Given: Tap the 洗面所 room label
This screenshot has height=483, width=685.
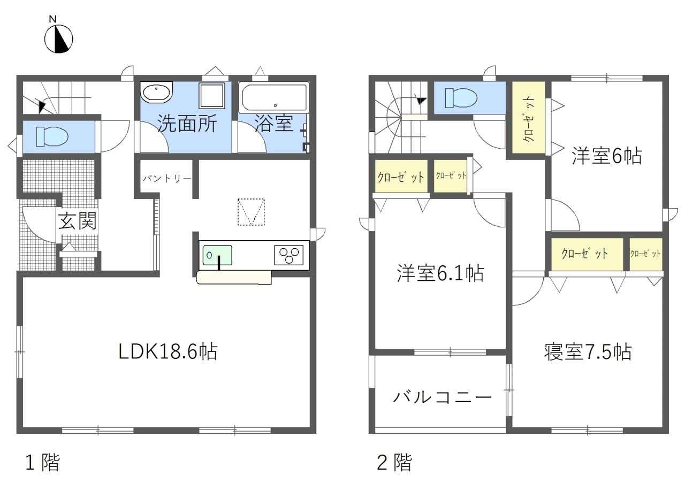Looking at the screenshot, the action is [187, 124].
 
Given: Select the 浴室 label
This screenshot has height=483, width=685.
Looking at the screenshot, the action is [273, 123].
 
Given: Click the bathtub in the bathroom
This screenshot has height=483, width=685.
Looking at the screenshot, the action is [274, 98].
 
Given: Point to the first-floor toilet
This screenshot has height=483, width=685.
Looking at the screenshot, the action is [52, 136].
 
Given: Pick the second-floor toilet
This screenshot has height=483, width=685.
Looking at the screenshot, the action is [461, 98].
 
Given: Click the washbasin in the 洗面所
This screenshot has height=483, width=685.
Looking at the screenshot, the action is [156, 92].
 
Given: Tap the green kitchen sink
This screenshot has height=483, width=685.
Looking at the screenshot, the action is [217, 255].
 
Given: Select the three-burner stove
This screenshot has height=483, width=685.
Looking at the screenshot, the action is [288, 255].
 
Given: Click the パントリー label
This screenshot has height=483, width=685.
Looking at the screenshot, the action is [167, 178].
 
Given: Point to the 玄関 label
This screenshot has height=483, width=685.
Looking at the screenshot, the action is [78, 221].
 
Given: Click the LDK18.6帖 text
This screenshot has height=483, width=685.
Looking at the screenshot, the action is [168, 351].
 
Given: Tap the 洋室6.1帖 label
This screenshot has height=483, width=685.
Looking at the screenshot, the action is [440, 273].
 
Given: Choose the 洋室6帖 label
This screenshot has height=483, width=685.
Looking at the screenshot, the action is [607, 156].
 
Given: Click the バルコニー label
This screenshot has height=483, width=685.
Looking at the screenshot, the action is [442, 397].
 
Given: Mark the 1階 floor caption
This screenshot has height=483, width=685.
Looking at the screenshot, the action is [43, 462].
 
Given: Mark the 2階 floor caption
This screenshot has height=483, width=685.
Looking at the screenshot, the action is [394, 462].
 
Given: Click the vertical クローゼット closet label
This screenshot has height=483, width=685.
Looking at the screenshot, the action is [529, 119].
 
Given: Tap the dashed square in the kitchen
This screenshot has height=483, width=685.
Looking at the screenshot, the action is [251, 212].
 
